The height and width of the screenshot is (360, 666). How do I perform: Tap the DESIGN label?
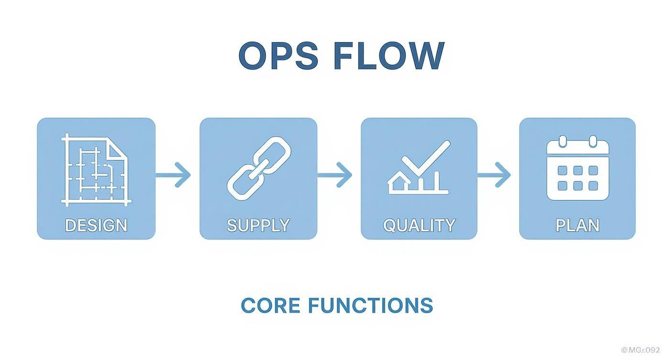click(96, 225)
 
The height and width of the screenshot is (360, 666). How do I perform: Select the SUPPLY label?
click(258, 225)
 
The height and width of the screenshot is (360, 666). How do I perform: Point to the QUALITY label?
click(419, 225)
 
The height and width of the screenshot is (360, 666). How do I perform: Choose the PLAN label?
click(577, 225)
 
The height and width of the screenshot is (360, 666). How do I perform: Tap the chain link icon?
click(259, 168)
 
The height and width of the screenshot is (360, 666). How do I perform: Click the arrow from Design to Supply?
click(174, 175)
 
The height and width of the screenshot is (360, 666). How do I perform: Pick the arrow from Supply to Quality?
click(335, 175)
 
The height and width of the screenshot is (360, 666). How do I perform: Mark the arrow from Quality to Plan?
click(495, 175)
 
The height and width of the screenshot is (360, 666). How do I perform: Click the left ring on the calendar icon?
click(563, 141)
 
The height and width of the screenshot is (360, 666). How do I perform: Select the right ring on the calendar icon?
click(593, 141)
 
